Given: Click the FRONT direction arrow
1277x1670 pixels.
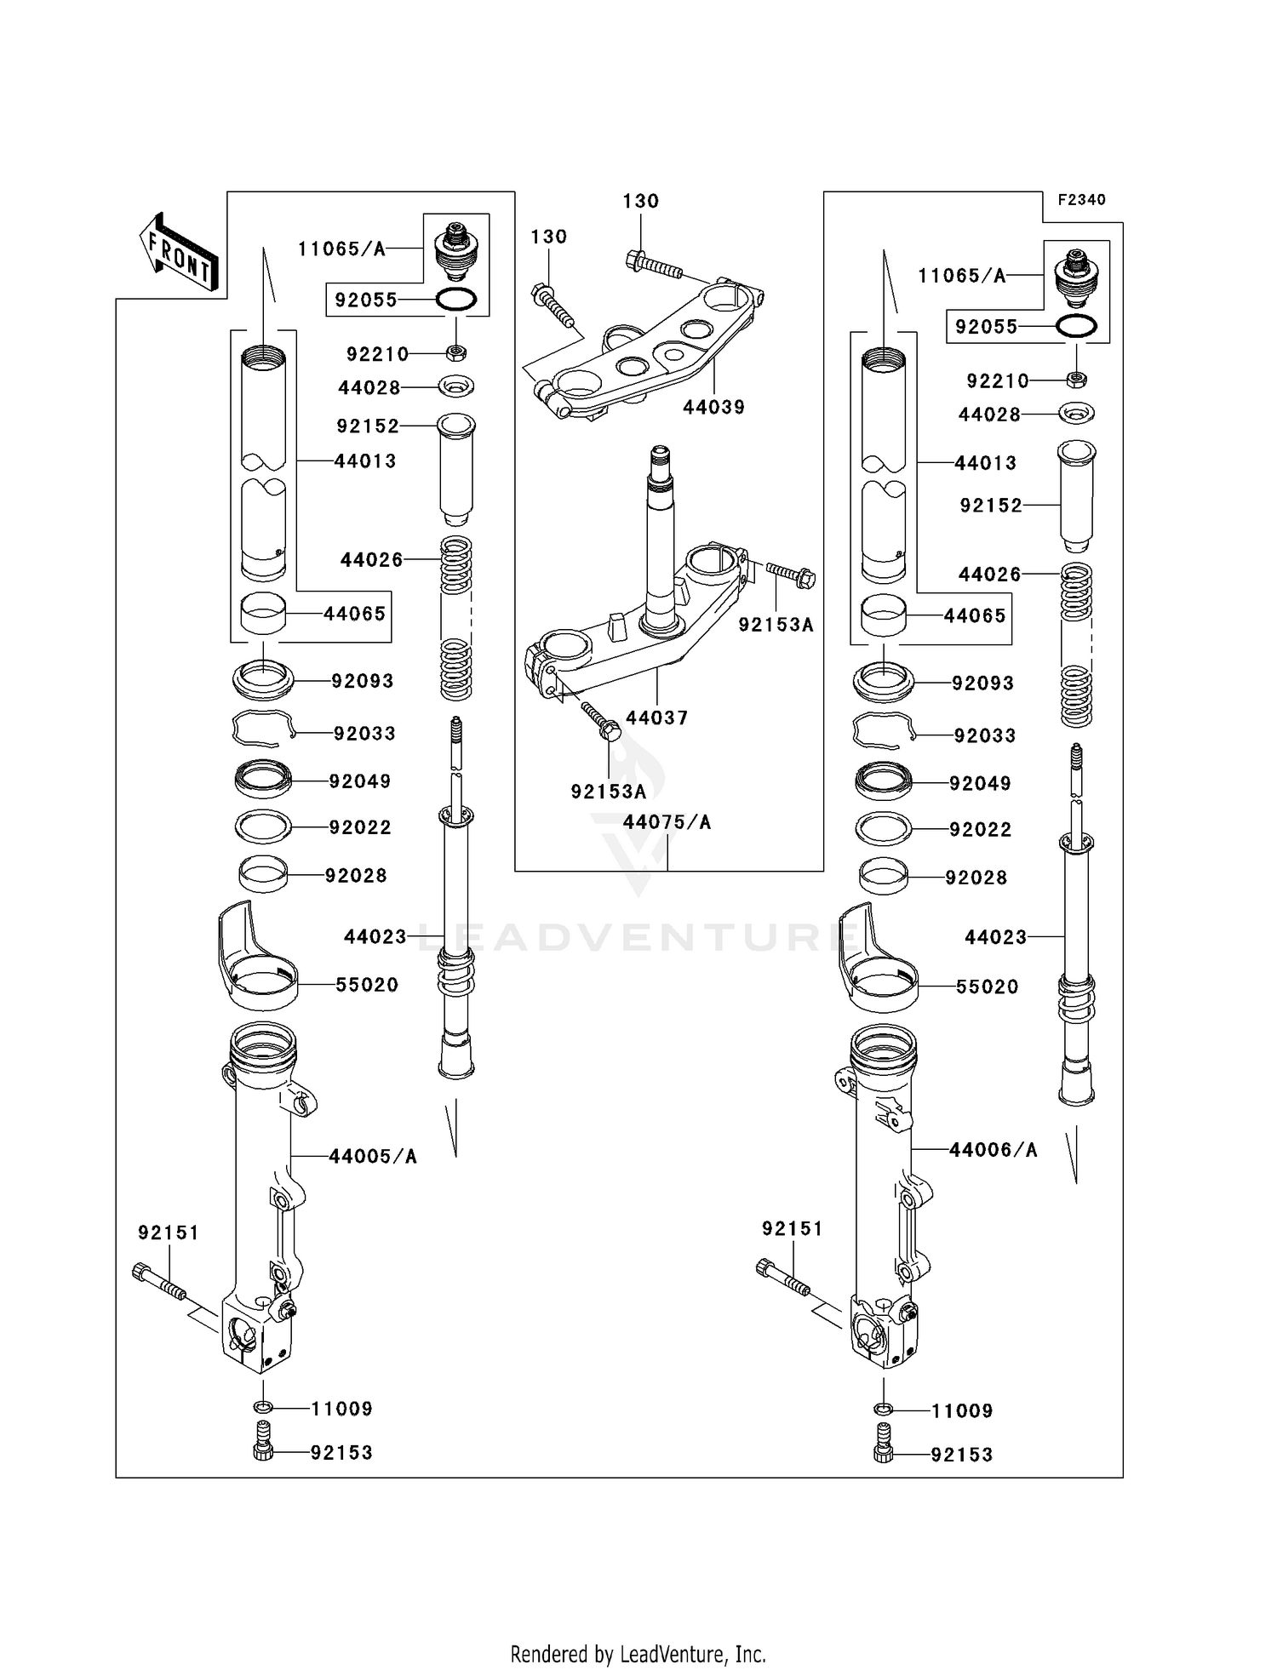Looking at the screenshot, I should pos(179,253).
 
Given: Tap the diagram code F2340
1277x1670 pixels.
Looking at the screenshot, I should pos(1081,200).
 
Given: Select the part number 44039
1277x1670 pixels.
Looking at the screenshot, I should pos(713,407).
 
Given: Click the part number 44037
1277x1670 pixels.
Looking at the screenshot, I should pos(656,718).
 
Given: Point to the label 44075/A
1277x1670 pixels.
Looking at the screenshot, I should pos(667,822).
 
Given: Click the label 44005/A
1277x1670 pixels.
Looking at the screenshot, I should pos(373,1156).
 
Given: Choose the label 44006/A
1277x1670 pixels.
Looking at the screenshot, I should pos(994,1150).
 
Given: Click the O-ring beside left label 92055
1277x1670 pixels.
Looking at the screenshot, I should pos(456,300).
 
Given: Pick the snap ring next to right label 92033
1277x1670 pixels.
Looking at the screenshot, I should pos(884,730).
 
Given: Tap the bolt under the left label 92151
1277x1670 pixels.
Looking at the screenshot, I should pos(160,1283).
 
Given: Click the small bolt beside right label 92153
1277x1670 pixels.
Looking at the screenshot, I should pos(884,1455).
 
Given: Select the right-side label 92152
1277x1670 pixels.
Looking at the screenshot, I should pos(991,506).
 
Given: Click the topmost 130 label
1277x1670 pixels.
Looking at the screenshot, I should pos(640,201).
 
